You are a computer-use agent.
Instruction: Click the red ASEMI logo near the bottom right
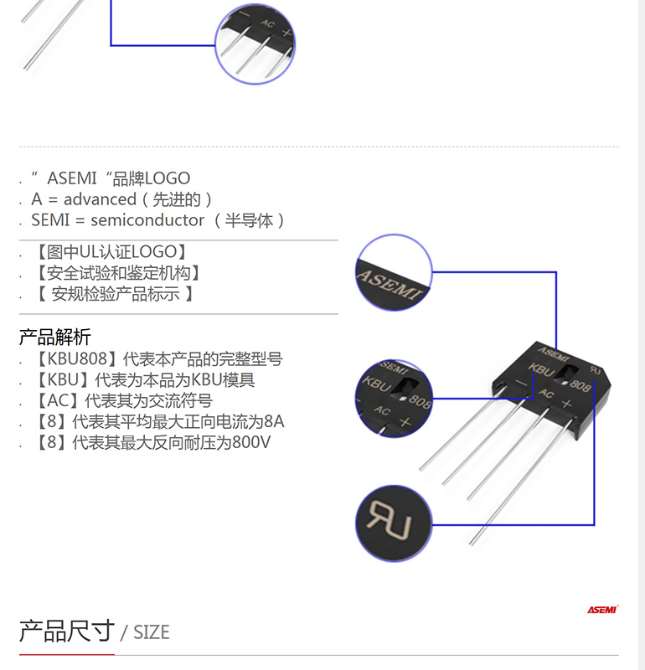[602, 610]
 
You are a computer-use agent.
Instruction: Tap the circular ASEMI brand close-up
[394, 272]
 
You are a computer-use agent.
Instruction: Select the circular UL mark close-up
[394, 523]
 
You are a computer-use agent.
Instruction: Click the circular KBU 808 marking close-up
[394, 399]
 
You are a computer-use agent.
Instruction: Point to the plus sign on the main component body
[567, 404]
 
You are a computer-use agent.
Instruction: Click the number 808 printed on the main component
[580, 385]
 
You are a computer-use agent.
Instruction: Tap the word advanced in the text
[100, 199]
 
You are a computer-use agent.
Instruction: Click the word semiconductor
[147, 220]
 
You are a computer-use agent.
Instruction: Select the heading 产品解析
[54, 338]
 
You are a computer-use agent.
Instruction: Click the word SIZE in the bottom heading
[152, 632]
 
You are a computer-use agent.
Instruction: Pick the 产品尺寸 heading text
[67, 631]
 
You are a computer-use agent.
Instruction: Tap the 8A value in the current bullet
[274, 421]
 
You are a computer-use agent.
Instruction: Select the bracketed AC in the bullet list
[58, 401]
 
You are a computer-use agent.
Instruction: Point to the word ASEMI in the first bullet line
[72, 178]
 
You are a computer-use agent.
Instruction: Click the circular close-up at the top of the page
[255, 44]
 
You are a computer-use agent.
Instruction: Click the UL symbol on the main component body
[596, 370]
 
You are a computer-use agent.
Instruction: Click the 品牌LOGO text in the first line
[152, 178]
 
